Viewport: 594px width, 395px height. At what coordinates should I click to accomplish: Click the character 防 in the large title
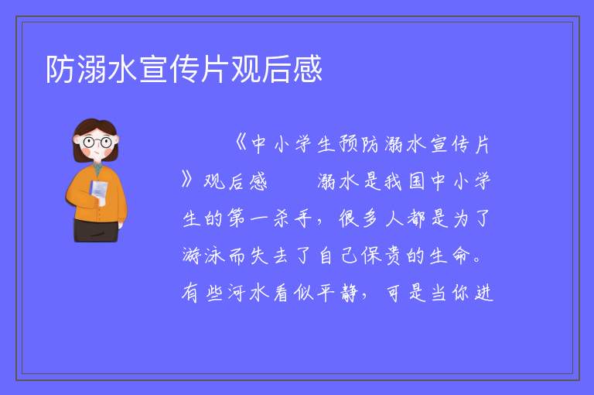point(60,69)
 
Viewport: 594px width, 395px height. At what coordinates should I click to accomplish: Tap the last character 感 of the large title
point(308,69)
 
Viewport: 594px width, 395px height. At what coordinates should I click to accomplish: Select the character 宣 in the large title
point(153,69)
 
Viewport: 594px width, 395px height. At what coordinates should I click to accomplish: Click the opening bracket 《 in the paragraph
point(240,143)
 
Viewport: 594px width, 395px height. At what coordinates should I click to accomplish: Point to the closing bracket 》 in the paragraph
point(187,180)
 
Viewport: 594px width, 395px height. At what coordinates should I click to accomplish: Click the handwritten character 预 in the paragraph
point(348,144)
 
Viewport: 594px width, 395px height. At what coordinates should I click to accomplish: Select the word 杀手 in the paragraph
point(293,218)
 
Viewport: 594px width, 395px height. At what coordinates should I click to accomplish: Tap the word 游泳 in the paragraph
point(203,256)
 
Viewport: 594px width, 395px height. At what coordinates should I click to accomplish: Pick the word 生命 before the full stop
point(450,256)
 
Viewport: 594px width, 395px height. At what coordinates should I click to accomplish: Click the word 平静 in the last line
point(337,293)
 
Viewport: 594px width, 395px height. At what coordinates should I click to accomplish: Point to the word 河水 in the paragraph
point(249,293)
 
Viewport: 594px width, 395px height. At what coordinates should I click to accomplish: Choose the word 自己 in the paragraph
point(338,256)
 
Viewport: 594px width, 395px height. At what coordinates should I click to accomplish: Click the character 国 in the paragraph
point(417,181)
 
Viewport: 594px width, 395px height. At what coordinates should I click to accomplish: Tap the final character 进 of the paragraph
point(483,293)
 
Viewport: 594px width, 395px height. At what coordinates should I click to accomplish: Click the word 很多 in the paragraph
point(358,218)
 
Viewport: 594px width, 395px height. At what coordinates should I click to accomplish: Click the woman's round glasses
point(97,143)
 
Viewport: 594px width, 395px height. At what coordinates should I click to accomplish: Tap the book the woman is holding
point(98,191)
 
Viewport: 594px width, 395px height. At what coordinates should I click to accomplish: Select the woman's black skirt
point(96,230)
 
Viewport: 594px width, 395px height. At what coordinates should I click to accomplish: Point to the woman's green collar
point(97,169)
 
